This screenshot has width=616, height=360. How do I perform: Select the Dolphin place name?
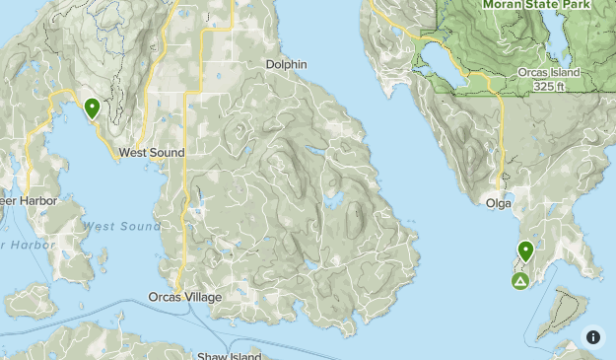tap(286, 64)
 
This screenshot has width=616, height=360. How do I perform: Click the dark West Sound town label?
tap(151, 153)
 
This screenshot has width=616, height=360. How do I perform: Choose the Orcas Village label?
tap(185, 297)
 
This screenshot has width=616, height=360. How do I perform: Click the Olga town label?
tap(499, 203)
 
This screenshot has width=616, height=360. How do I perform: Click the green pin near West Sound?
tap(92, 108)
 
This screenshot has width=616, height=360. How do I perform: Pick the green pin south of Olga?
tap(525, 251)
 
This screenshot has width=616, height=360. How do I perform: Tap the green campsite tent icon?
tap(519, 282)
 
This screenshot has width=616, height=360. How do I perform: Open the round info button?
tap(593, 336)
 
